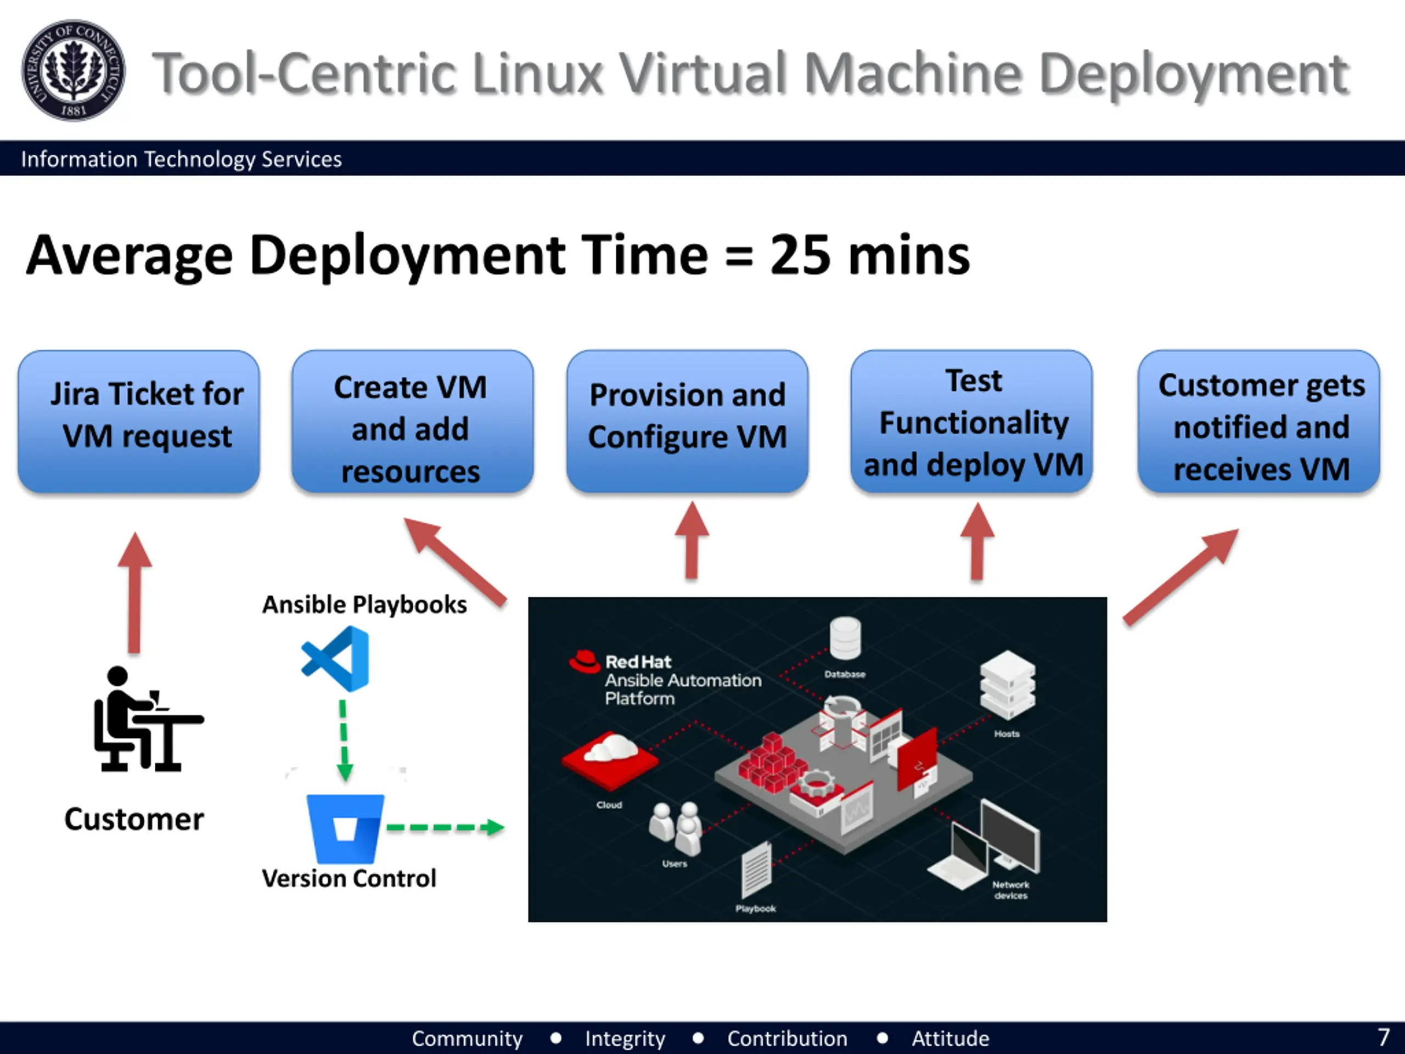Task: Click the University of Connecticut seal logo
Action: [73, 70]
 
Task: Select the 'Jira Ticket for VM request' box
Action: [139, 421]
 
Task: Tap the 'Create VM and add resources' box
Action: [412, 421]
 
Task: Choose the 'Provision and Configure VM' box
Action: [687, 421]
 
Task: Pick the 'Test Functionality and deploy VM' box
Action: [972, 421]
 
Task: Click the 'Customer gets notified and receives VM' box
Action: [1259, 421]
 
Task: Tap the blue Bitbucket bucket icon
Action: [345, 828]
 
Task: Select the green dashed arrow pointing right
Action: [445, 827]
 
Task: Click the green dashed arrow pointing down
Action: [344, 740]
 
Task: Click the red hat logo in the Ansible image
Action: [585, 661]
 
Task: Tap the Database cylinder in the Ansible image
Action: [845, 638]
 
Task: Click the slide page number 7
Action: [1384, 1038]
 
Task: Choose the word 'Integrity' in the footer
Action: [625, 1038]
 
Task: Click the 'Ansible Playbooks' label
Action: [364, 604]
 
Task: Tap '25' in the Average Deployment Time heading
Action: [800, 255]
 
